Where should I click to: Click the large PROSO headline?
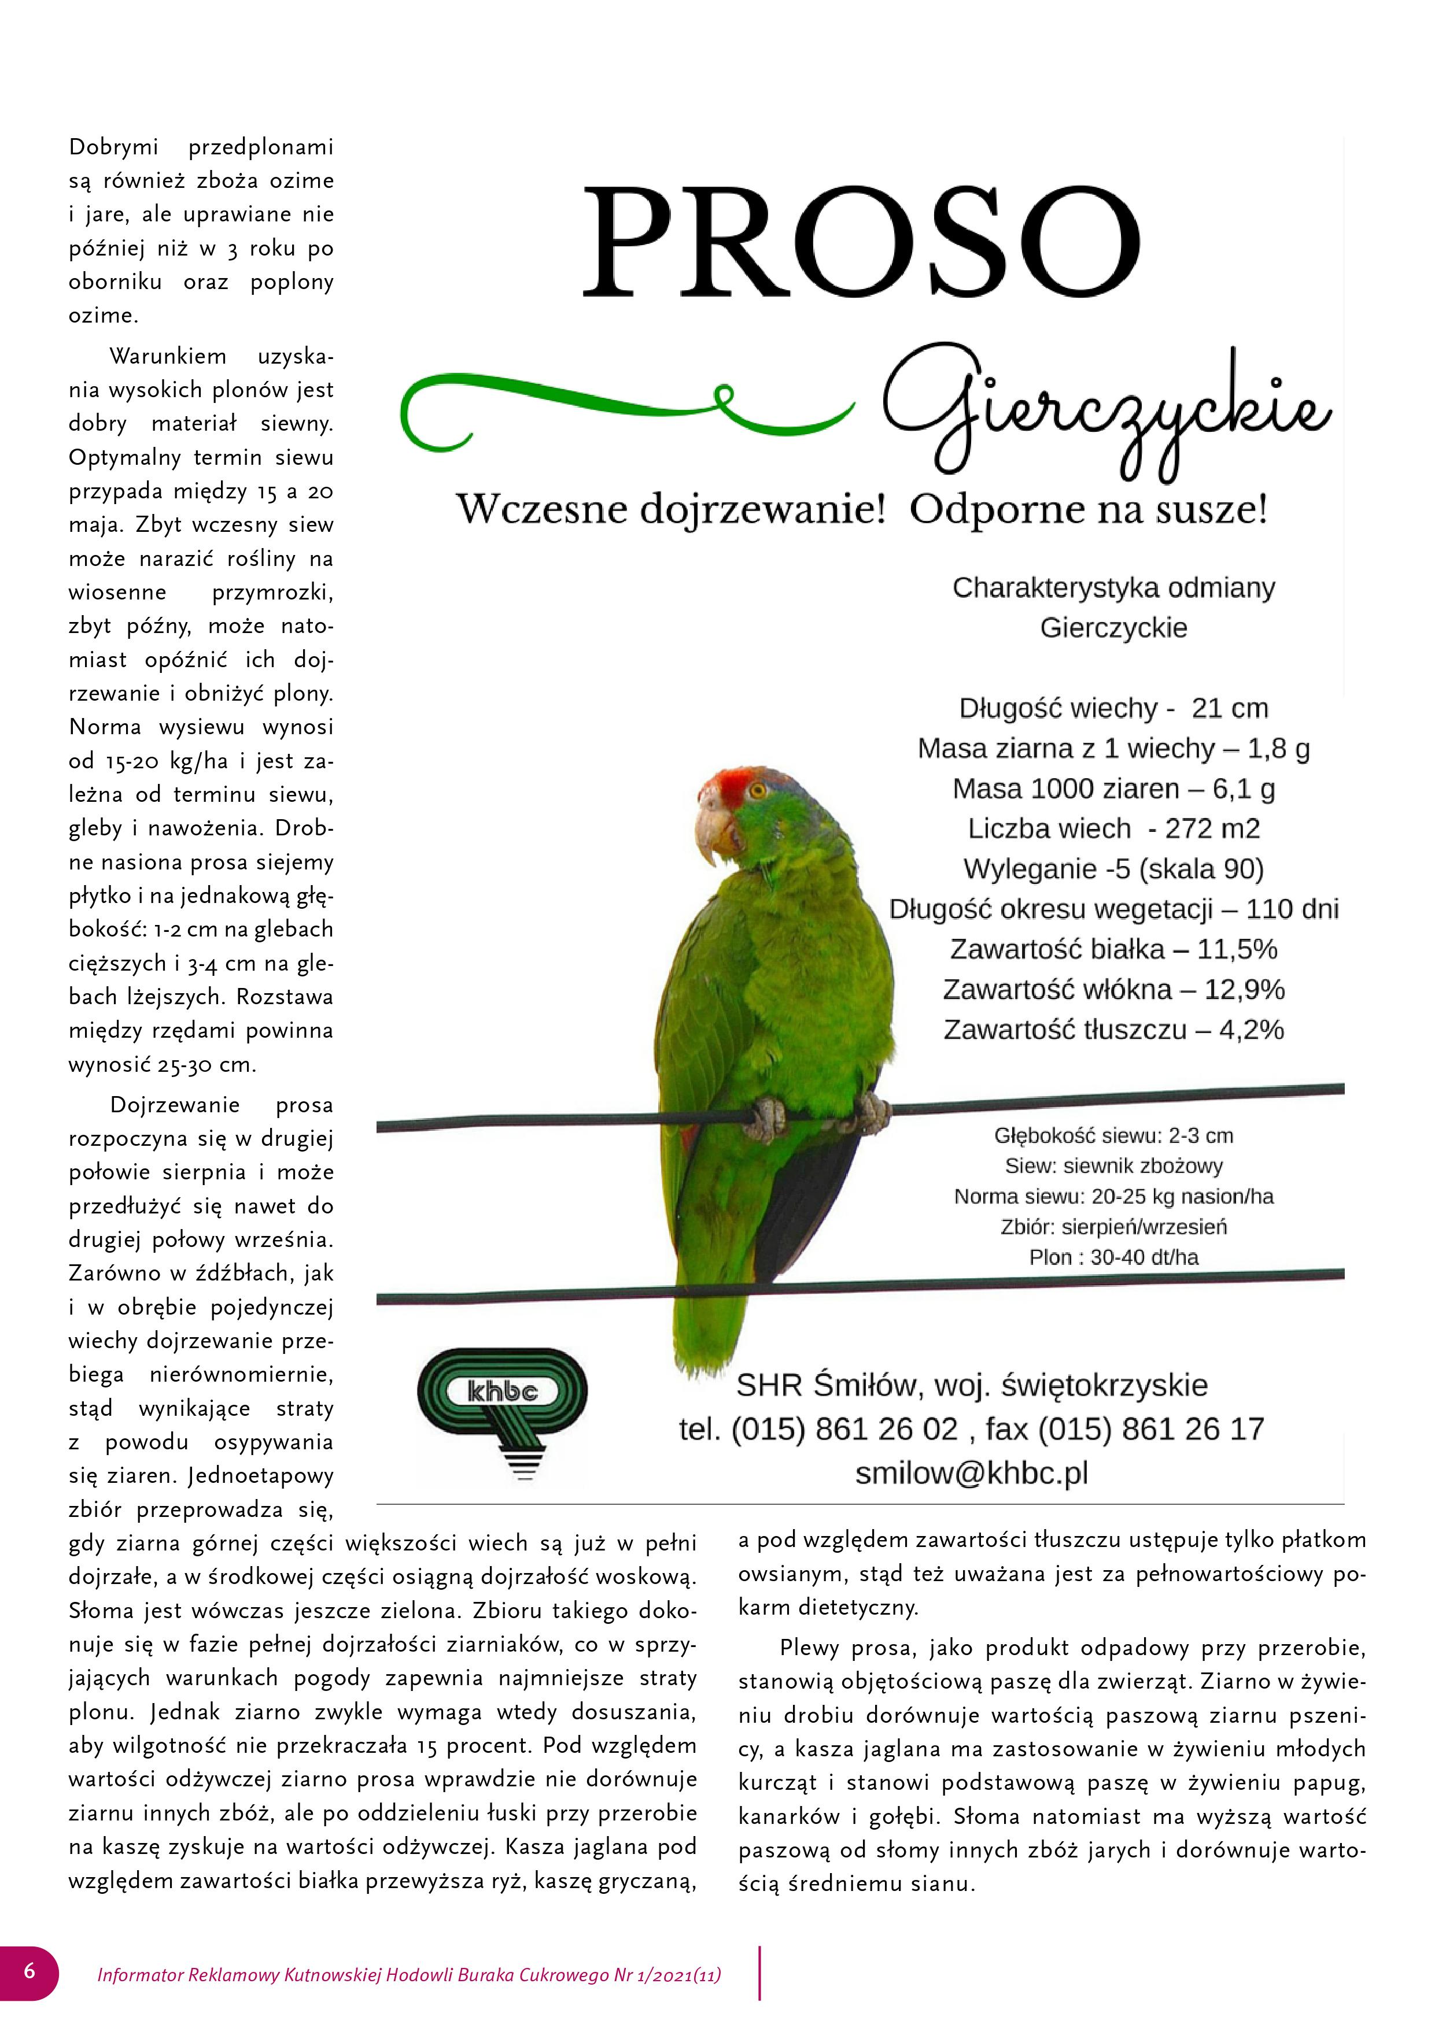tap(862, 240)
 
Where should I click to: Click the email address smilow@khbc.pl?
tap(971, 1472)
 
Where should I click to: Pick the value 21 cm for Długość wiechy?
tap(1229, 708)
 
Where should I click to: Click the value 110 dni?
tap(1293, 909)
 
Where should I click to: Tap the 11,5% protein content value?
tap(1237, 949)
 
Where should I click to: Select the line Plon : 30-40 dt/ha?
tap(1113, 1257)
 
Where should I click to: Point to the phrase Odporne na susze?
tap(1089, 510)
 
